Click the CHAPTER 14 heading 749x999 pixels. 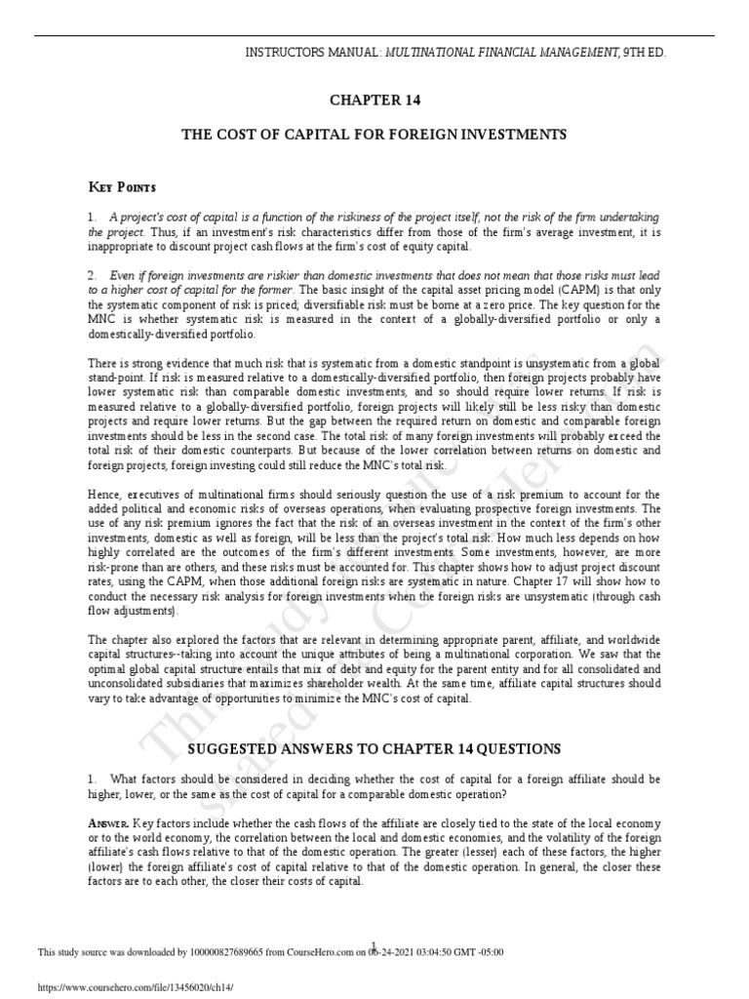[x=374, y=100]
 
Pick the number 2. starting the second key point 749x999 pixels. [x=92, y=276]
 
